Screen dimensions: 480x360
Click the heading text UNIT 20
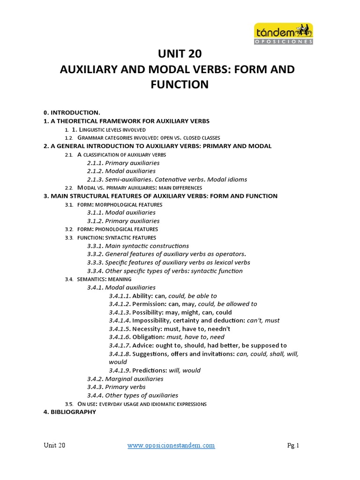180,54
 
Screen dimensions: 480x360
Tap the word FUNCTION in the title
180,85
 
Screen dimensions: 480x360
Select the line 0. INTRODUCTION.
72,112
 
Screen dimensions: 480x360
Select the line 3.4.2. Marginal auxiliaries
125,379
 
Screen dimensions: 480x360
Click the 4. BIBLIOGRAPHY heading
70,412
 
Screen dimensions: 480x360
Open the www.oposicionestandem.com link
171,446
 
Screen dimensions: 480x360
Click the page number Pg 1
293,446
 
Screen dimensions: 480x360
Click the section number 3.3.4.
95,271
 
